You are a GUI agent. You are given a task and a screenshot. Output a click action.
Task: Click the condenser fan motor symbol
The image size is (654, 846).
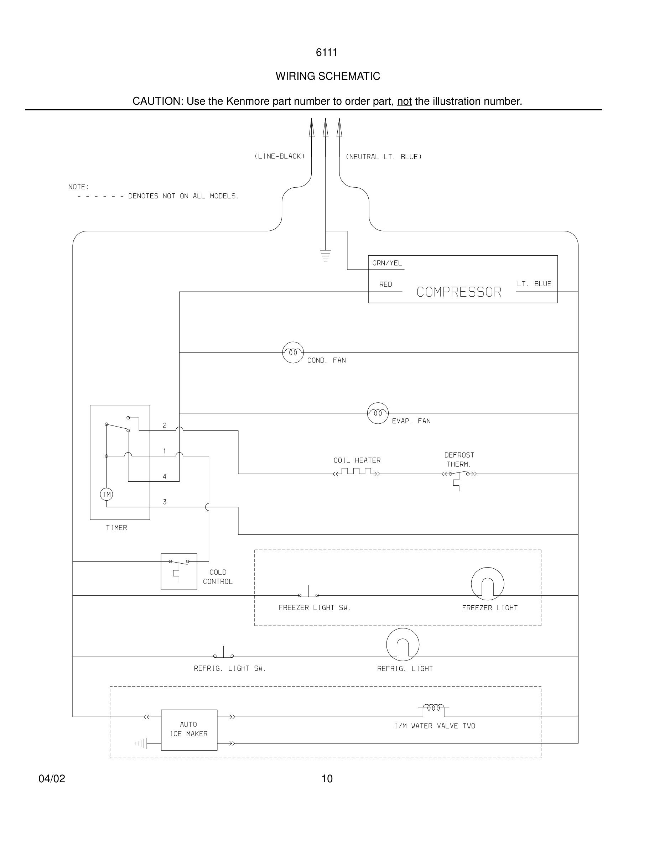[292, 352]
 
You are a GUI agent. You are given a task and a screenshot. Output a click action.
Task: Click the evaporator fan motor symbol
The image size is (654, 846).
[377, 413]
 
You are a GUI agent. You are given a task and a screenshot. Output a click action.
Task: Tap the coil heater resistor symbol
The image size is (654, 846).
[357, 472]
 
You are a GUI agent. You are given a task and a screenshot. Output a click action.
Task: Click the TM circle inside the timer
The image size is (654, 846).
[107, 494]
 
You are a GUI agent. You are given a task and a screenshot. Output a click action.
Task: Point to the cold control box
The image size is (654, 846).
[178, 571]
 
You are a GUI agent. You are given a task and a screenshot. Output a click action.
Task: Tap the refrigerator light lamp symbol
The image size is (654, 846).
[403, 644]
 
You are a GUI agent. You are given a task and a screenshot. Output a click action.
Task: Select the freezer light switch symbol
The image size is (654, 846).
[308, 593]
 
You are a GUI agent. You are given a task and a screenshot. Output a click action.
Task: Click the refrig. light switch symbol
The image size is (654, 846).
[224, 654]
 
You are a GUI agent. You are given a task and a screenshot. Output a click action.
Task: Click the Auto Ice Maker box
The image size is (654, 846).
[189, 730]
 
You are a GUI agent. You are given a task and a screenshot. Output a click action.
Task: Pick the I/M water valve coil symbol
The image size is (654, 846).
[434, 708]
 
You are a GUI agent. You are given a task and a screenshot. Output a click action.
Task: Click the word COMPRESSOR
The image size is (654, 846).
[459, 292]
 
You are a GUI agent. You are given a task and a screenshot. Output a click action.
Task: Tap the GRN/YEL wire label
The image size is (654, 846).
[387, 263]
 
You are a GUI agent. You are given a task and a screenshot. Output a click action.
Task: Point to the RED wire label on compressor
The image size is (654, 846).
[385, 284]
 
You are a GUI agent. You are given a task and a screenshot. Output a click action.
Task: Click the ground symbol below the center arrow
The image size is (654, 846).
[326, 256]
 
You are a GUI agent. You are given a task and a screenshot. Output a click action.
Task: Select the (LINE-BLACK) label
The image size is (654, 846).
[279, 156]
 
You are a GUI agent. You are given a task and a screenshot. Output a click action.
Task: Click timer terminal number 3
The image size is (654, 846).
[165, 502]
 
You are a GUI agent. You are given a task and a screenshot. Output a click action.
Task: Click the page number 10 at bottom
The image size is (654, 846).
[327, 779]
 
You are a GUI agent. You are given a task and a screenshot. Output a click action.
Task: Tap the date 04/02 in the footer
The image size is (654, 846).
[52, 779]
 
